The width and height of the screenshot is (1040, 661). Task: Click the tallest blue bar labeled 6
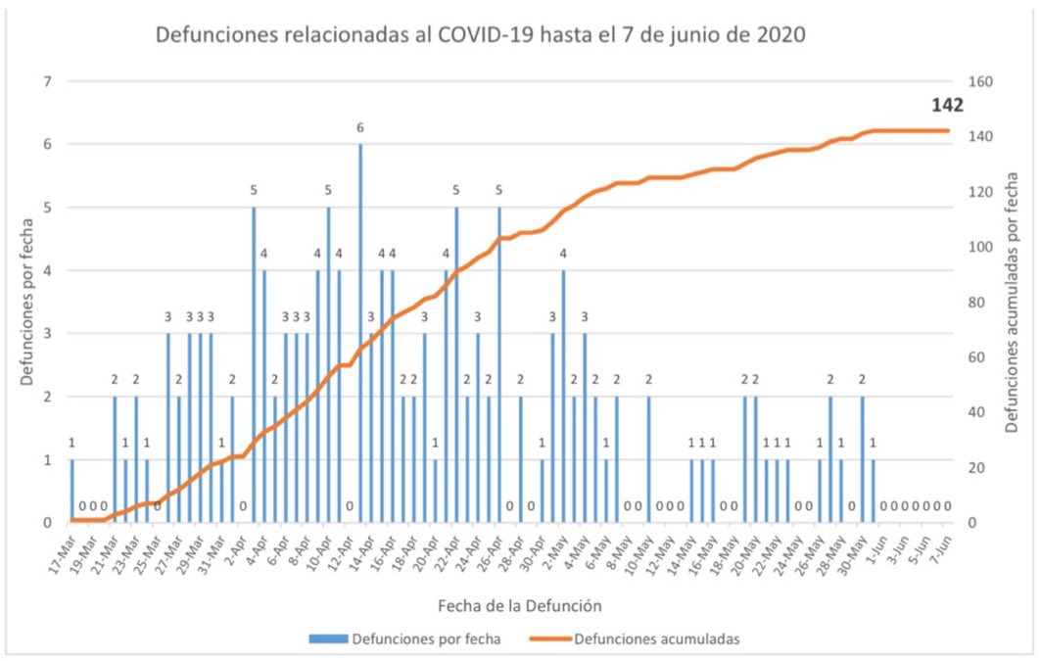point(360,333)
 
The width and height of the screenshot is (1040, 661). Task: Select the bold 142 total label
point(947,105)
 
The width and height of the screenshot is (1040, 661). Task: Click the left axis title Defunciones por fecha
point(30,302)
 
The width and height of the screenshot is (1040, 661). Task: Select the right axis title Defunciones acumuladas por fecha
point(1012,302)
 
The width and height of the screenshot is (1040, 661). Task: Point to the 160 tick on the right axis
point(980,81)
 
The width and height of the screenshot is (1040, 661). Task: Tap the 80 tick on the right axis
point(976,302)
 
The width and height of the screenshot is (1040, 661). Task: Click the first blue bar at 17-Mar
point(71,491)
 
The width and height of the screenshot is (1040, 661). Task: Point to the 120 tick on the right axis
point(980,192)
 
